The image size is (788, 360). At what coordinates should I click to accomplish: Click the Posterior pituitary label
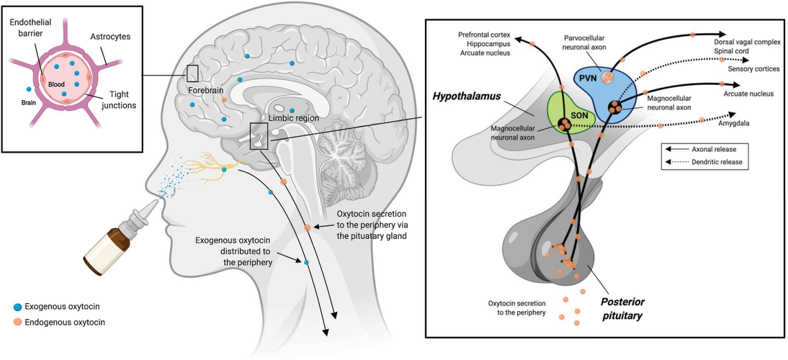click(x=623, y=310)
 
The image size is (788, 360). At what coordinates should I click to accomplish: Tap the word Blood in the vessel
click(x=56, y=85)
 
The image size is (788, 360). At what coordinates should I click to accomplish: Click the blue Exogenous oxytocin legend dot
click(x=18, y=306)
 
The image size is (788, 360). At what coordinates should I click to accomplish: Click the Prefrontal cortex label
click(x=484, y=35)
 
